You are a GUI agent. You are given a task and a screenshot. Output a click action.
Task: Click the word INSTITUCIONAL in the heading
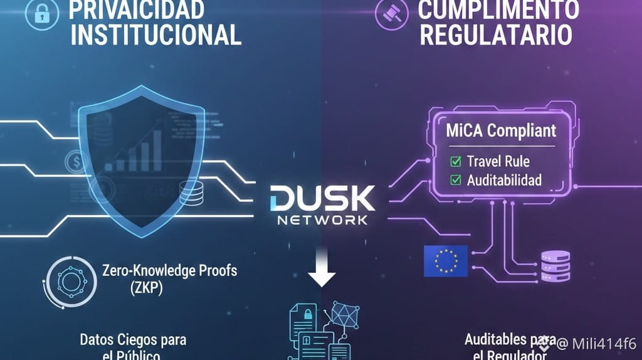tap(156, 34)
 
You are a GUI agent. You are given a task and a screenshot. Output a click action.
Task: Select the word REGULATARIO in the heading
tap(495, 34)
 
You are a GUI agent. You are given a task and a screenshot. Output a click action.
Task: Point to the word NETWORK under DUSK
tap(322, 221)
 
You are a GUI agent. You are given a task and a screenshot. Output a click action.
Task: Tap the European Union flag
tap(446, 261)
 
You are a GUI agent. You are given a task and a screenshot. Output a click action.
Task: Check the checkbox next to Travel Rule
tap(456, 162)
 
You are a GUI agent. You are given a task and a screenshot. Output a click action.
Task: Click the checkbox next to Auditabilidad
tap(456, 181)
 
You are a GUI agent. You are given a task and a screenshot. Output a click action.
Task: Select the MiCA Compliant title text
tap(500, 131)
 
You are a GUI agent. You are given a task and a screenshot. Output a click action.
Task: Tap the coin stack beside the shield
tap(191, 193)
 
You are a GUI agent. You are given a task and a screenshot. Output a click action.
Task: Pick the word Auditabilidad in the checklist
tap(504, 181)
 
